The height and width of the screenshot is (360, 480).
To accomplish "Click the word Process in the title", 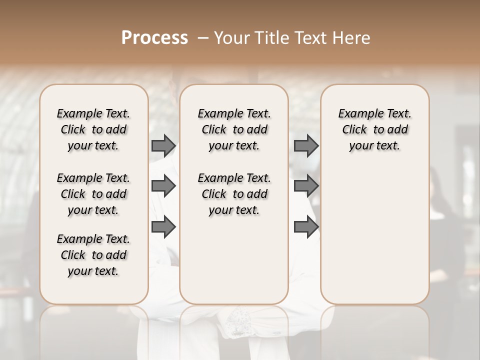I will pos(154,38).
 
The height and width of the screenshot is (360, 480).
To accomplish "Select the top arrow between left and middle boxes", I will pos(163,145).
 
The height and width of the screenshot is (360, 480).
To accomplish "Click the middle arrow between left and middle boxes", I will pos(163,186).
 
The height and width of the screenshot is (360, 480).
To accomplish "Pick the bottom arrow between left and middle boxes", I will pos(163,227).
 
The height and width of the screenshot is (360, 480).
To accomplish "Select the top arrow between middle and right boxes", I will pos(306,145).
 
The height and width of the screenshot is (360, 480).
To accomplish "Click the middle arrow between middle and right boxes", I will pos(306,186).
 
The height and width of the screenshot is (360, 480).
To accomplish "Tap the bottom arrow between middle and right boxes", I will pos(306,227).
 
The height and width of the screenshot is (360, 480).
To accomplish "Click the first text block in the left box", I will pos(93,129).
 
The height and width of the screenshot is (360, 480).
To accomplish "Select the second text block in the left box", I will pos(93,194).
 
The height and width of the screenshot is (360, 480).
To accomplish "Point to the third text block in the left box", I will pos(93,255).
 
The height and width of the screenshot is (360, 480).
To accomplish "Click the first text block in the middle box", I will pos(234,129).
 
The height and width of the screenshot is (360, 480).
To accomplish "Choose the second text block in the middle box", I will pos(234,194).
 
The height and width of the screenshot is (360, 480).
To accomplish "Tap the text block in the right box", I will pos(375,129).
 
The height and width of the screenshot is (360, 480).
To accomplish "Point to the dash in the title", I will pos(203,38).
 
